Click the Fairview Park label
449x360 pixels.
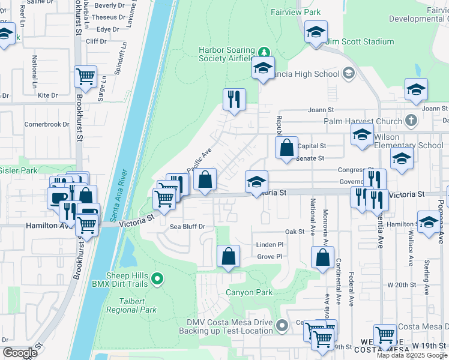tap(295, 12)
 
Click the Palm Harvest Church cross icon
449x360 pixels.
tap(411, 119)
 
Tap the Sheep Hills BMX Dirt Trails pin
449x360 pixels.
tap(157, 278)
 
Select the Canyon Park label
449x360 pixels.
tap(249, 293)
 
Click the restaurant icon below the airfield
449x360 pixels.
tap(234, 100)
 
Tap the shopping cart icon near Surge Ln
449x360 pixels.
tap(86, 77)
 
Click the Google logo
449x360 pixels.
tap(20, 353)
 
